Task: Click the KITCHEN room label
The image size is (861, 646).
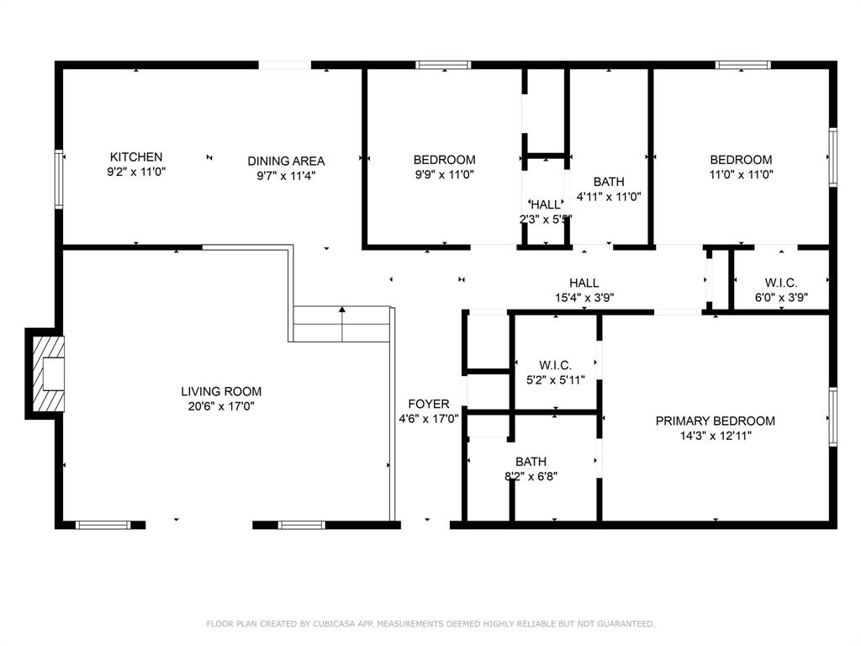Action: click(136, 157)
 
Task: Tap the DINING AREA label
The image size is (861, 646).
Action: click(286, 161)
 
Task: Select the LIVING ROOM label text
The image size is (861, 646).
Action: click(221, 391)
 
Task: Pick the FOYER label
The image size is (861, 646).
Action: click(429, 404)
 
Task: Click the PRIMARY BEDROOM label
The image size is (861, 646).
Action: click(716, 421)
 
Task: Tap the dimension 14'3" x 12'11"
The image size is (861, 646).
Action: click(716, 436)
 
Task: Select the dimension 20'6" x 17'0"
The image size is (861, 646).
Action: click(221, 406)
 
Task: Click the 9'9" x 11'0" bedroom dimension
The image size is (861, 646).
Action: click(444, 175)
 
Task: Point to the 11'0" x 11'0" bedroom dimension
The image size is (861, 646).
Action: click(741, 175)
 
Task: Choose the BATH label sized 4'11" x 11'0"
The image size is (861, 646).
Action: click(609, 182)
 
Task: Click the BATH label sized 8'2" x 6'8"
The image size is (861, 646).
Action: click(531, 461)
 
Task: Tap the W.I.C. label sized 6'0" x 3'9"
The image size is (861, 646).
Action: click(781, 283)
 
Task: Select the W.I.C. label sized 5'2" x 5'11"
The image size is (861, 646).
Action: click(555, 365)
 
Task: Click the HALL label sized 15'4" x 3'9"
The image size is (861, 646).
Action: click(584, 283)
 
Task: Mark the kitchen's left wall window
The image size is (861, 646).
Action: click(59, 178)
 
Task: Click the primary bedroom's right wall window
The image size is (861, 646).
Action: click(832, 416)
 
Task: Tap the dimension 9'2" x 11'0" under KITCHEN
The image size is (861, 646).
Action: click(136, 172)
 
